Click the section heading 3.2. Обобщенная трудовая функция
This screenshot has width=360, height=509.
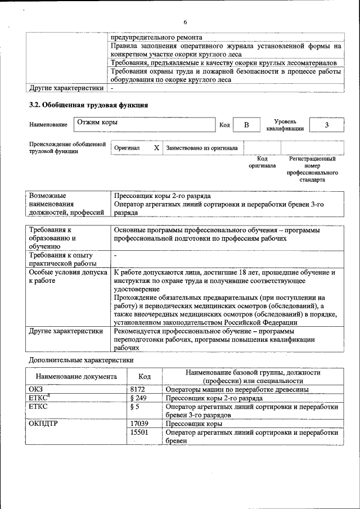click(x=88, y=105)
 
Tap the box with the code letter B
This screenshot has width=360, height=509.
click(x=246, y=125)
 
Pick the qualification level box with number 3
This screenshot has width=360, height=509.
click(x=326, y=125)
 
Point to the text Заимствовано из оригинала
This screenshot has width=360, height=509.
click(x=201, y=148)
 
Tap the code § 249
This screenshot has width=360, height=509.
click(x=138, y=398)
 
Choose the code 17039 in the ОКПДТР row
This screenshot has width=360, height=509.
click(x=139, y=424)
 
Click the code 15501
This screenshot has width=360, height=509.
click(x=139, y=432)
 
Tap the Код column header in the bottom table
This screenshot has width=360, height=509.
click(x=145, y=377)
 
